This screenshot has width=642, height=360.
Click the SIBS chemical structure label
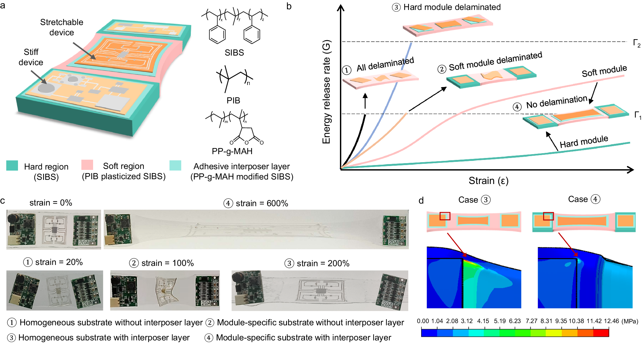pyautogui.click(x=234, y=53)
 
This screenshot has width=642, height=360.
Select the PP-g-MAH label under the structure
pyautogui.click(x=232, y=151)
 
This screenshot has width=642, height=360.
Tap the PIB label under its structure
pyautogui.click(x=233, y=101)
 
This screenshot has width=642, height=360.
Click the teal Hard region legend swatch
pyautogui.click(x=12, y=165)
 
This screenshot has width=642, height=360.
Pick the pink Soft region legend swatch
pyautogui.click(x=87, y=165)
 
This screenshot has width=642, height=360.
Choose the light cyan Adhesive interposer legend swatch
pyautogui.click(x=175, y=165)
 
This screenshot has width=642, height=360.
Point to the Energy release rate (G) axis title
pyautogui.click(x=326, y=92)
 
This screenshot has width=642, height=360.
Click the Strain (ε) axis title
pyautogui.click(x=488, y=181)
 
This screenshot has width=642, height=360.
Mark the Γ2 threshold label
pyautogui.click(x=637, y=43)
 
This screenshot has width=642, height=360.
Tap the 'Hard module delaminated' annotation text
pyautogui.click(x=452, y=7)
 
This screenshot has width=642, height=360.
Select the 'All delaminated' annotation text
pyautogui.click(x=385, y=64)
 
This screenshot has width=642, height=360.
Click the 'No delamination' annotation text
pyautogui.click(x=556, y=102)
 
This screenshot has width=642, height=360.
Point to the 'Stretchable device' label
pyautogui.click(x=62, y=27)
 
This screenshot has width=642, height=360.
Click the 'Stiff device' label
pyautogui.click(x=31, y=57)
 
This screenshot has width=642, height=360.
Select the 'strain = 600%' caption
pyautogui.click(x=262, y=203)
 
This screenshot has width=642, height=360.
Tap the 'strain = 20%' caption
pyautogui.click(x=59, y=262)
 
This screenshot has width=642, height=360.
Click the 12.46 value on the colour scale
pyautogui.click(x=611, y=321)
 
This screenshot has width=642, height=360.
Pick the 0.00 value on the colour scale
pyautogui.click(x=423, y=321)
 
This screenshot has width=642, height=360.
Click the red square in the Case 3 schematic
pyautogui.click(x=445, y=216)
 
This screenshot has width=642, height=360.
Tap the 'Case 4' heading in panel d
pyautogui.click(x=584, y=199)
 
